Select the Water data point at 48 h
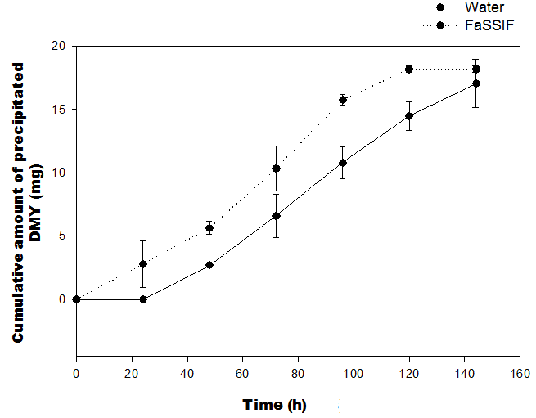pyautogui.click(x=209, y=265)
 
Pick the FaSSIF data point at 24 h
pyautogui.click(x=143, y=264)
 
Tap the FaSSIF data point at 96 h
pyautogui.click(x=343, y=100)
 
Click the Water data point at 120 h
pyautogui.click(x=409, y=116)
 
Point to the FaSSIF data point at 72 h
pyautogui.click(x=277, y=169)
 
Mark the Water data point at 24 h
pyautogui.click(x=143, y=299)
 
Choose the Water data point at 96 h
pyautogui.click(x=343, y=163)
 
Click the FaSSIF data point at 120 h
pyautogui.click(x=409, y=69)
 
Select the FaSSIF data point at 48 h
pyautogui.click(x=209, y=228)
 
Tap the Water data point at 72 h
pyautogui.click(x=277, y=216)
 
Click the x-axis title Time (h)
pyautogui.click(x=274, y=405)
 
